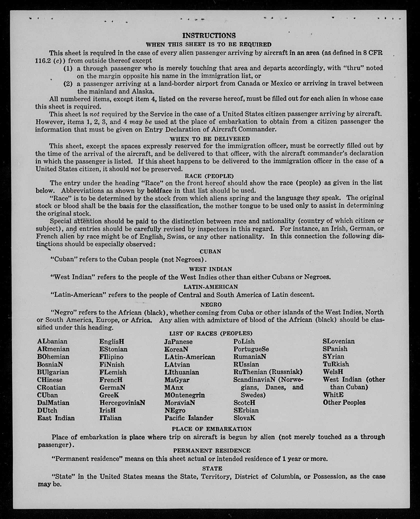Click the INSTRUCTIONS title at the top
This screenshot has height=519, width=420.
tap(209, 35)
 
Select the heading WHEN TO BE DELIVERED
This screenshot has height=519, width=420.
tap(209, 139)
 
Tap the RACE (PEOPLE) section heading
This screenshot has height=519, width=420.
tap(209, 176)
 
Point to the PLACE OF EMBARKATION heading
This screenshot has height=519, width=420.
tap(211, 429)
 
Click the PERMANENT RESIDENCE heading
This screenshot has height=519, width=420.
tap(211, 451)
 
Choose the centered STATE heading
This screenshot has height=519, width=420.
tap(212, 468)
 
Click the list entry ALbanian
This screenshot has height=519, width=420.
tap(52, 341)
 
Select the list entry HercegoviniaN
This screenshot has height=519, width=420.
tap(122, 403)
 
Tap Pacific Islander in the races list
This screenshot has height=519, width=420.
tap(189, 418)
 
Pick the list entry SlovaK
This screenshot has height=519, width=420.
tap(244, 418)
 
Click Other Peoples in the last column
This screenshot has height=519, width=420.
tap(344, 402)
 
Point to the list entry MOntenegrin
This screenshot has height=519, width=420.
tap(184, 395)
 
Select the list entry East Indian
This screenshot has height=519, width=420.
tap(56, 418)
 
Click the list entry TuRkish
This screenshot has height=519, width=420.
tap(336, 364)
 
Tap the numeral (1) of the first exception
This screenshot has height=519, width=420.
tap(68, 68)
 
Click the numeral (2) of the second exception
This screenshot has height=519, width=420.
tap(68, 83)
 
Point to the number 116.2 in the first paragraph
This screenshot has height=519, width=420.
tap(43, 61)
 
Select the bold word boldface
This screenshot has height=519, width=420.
tap(159, 191)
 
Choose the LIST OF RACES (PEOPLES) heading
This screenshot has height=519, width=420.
tap(211, 333)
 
